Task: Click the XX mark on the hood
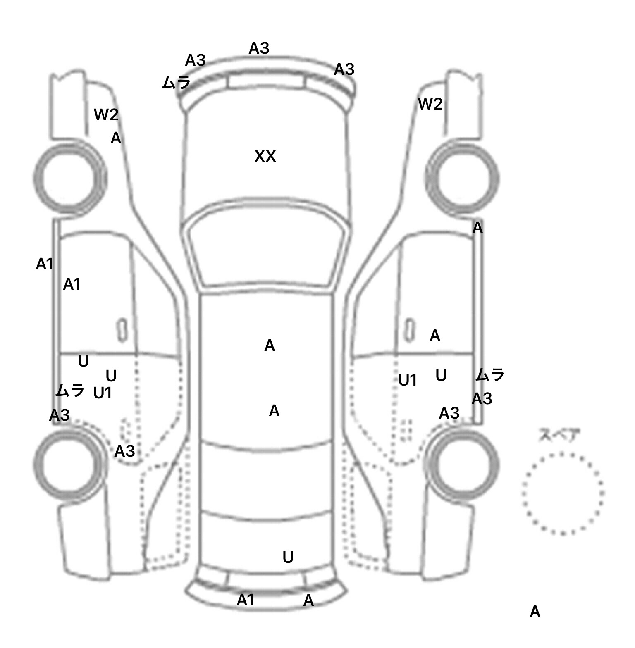tap(265, 156)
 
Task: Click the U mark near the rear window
tap(288, 557)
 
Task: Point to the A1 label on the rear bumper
tap(245, 600)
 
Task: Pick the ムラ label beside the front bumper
tap(176, 83)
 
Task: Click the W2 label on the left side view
tap(106, 114)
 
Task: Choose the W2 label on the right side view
tap(430, 104)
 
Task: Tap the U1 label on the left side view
tap(103, 393)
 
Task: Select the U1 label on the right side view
tap(408, 380)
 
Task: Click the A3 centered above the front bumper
tap(259, 49)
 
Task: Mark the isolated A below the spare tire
tap(535, 611)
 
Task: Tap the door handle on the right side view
tap(409, 329)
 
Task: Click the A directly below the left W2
tap(116, 138)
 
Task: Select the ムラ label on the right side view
tap(490, 375)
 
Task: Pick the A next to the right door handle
tap(435, 336)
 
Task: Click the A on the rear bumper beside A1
tap(308, 600)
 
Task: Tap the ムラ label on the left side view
tap(70, 390)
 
